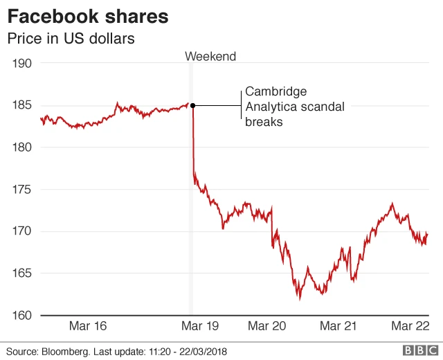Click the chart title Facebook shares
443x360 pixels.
(x=88, y=16)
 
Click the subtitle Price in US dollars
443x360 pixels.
(x=71, y=39)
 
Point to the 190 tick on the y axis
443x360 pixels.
(x=23, y=63)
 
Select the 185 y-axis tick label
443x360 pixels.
(x=23, y=105)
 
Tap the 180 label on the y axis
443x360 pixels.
(x=23, y=147)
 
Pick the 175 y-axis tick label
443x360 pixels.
(x=23, y=189)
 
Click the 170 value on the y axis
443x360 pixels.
(x=23, y=231)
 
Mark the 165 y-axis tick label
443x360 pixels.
(x=23, y=273)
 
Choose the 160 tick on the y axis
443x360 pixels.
(x=23, y=316)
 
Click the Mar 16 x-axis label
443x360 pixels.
(x=89, y=325)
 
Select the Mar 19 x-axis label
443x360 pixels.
(x=199, y=325)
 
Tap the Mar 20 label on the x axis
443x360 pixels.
(x=267, y=325)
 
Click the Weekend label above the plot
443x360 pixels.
(x=211, y=57)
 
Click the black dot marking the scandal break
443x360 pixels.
(x=192, y=105)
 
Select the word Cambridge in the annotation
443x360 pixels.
(x=275, y=92)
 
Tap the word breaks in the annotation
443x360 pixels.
(x=264, y=121)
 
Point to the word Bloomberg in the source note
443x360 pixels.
(x=68, y=351)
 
